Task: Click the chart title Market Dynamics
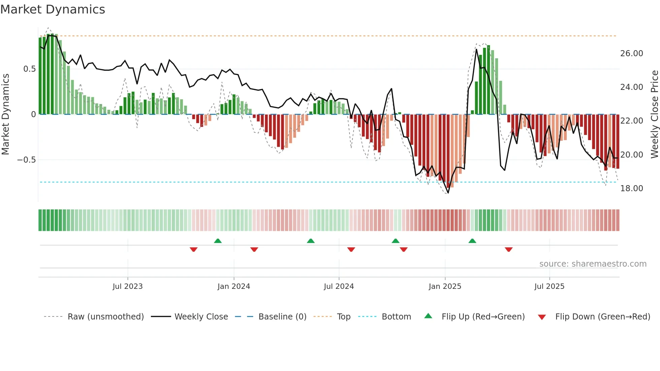point(53,9)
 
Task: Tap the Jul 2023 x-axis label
point(128,286)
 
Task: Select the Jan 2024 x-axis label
point(234,286)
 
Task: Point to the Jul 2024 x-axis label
point(339,286)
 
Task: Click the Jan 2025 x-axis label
point(445,286)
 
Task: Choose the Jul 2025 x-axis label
point(549,286)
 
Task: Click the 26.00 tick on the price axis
point(631,54)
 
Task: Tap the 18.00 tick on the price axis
point(631,189)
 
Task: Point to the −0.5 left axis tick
point(26,160)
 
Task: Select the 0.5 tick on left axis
point(29,69)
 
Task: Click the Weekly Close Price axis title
point(654,114)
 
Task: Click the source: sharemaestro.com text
point(593,264)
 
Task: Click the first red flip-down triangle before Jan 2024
point(194,249)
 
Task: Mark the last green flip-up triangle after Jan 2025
point(472,241)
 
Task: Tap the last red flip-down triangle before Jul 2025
point(509,249)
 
